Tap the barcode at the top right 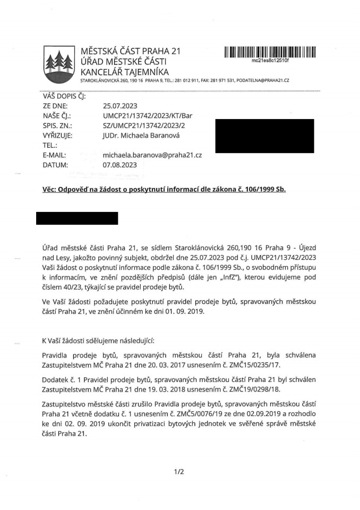coord(270,52)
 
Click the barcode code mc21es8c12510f coord(270,61)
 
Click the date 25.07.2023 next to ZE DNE coord(119,106)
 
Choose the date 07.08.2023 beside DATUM coord(119,165)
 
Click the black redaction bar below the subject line coord(77,218)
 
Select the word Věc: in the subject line coord(52,190)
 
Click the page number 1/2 coord(178,471)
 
